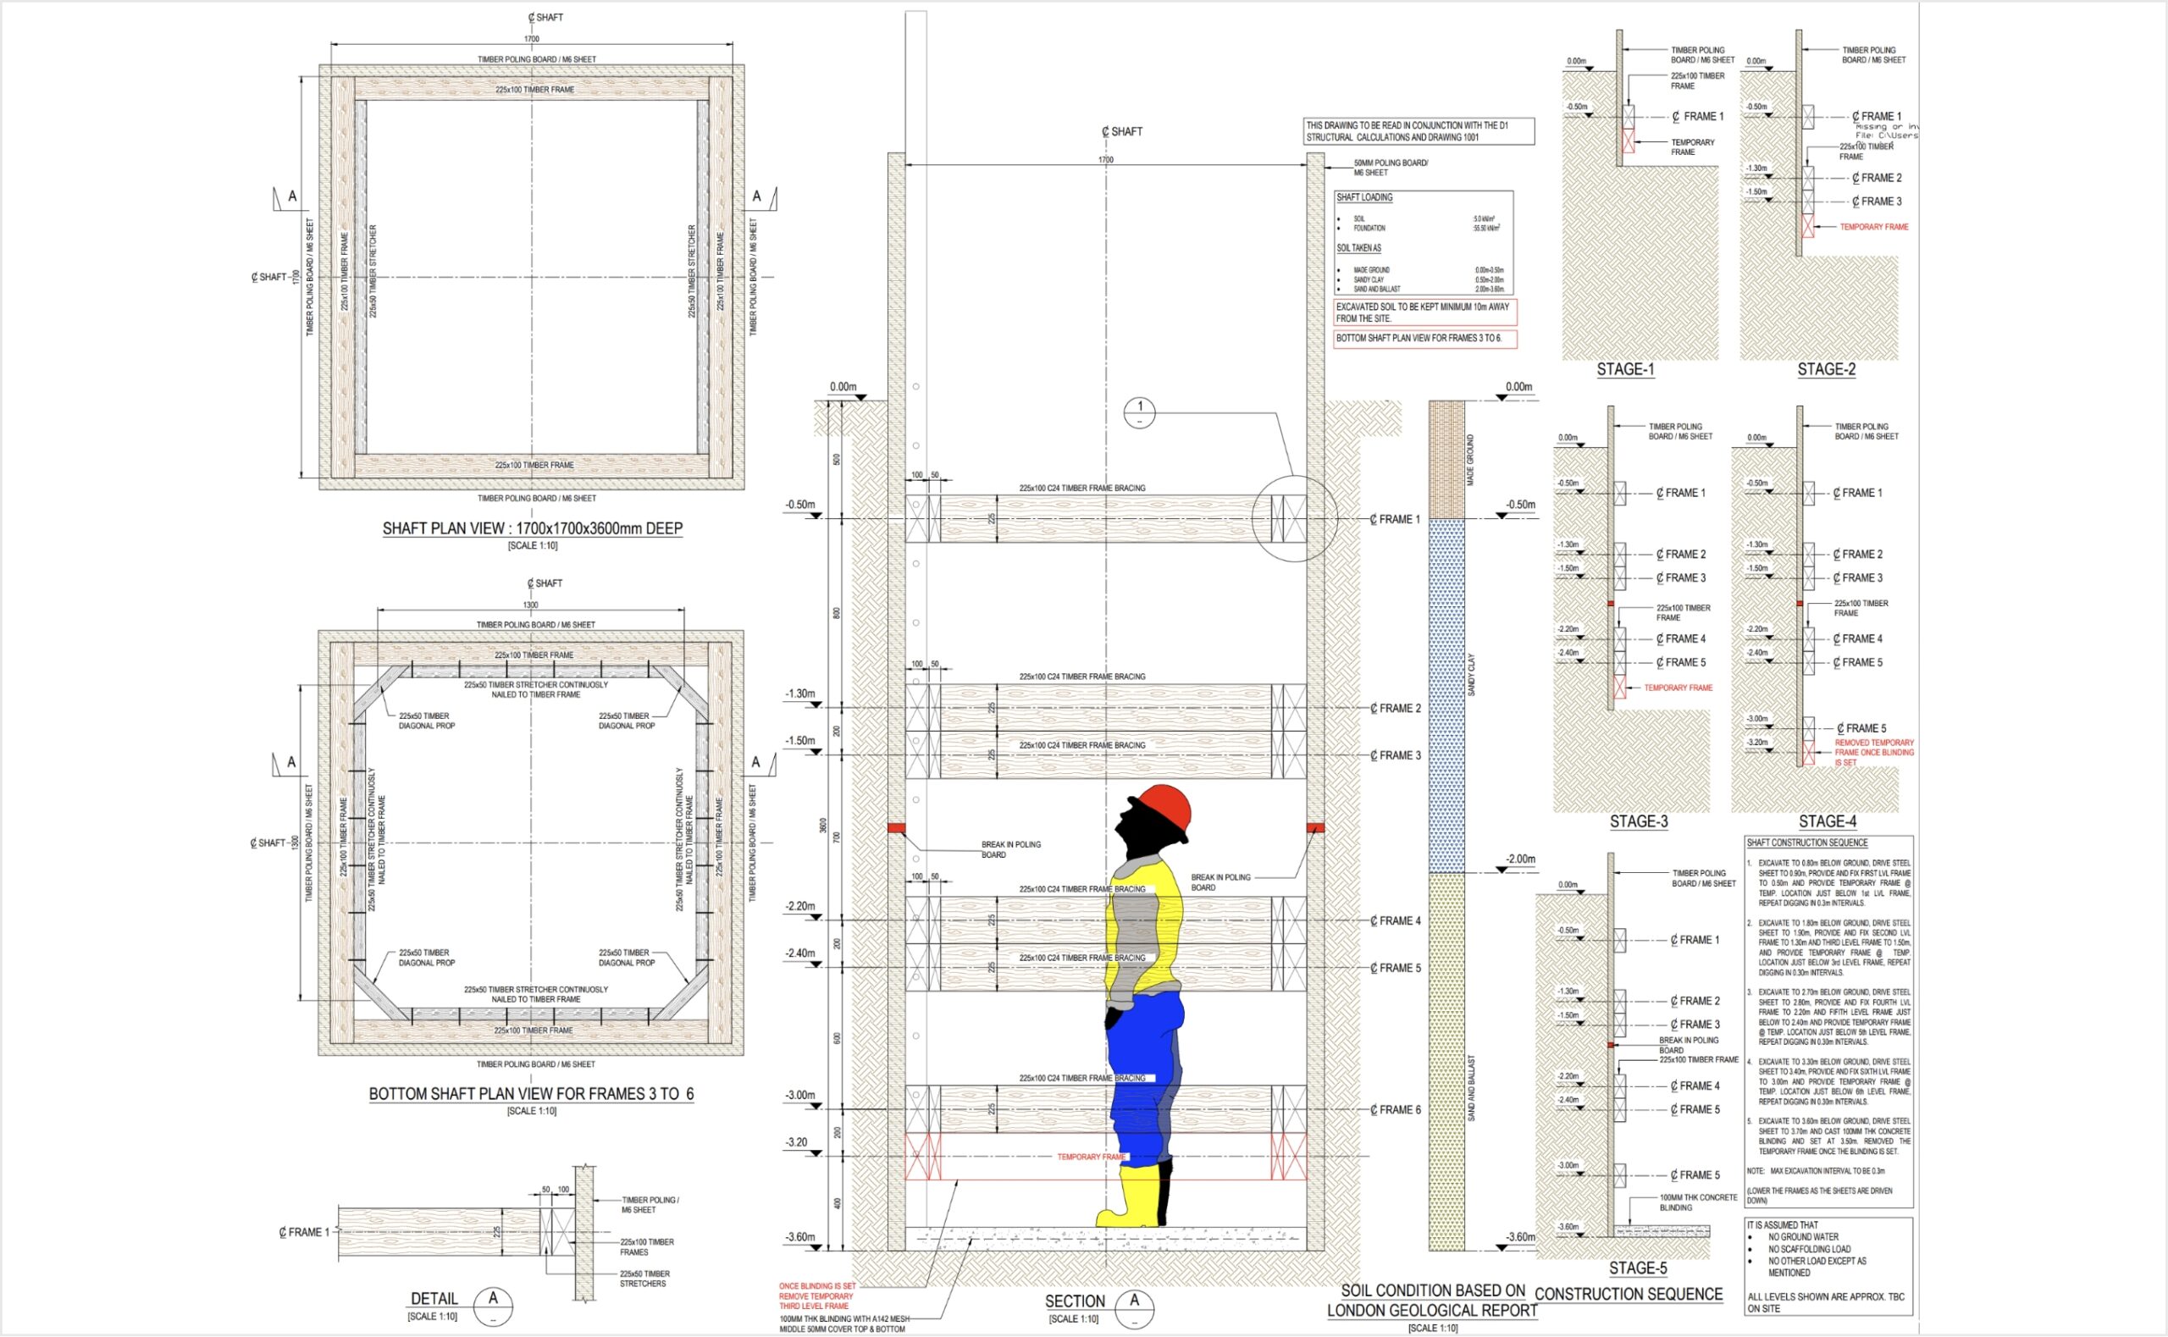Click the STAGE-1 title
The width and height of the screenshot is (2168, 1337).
click(x=1625, y=370)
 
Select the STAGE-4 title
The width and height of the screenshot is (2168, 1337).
click(x=1827, y=821)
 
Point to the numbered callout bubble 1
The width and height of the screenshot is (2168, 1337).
click(x=1139, y=412)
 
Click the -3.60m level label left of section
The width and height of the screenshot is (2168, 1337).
click(x=799, y=1237)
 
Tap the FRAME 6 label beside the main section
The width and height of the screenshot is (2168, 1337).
click(x=1396, y=1110)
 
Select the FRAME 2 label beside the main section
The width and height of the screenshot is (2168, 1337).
click(x=1396, y=708)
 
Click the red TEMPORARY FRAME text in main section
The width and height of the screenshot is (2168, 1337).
click(x=1091, y=1157)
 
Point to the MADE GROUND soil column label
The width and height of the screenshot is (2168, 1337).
click(x=1470, y=460)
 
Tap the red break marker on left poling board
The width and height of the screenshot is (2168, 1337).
click(x=897, y=827)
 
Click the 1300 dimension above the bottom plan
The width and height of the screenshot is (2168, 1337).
click(x=529, y=605)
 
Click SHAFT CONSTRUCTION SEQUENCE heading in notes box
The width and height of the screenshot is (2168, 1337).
click(x=1806, y=843)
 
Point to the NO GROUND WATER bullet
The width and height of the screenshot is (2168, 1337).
click(x=1803, y=1237)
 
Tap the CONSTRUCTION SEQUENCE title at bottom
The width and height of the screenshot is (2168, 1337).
click(x=1628, y=1295)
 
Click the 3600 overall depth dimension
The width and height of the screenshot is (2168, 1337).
click(x=823, y=825)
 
